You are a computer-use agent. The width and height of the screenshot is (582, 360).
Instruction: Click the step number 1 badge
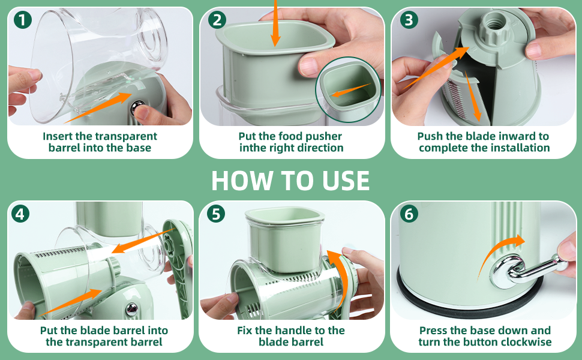tap(23, 20)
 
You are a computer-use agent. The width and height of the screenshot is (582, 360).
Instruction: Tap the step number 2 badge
tap(217, 20)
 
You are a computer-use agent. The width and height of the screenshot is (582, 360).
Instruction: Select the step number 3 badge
tap(409, 20)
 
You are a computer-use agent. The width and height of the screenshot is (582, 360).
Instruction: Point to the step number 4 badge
tap(20, 214)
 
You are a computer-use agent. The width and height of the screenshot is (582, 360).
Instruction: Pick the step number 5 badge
tap(216, 214)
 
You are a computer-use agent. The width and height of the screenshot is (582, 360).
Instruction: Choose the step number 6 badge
tap(409, 214)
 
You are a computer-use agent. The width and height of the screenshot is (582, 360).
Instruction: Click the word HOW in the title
tap(242, 181)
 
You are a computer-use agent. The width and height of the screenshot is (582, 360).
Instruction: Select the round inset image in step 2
tap(348, 89)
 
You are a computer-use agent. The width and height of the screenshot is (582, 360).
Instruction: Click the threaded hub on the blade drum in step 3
tap(494, 24)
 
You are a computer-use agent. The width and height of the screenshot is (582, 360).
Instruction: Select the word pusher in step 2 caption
tap(323, 136)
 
